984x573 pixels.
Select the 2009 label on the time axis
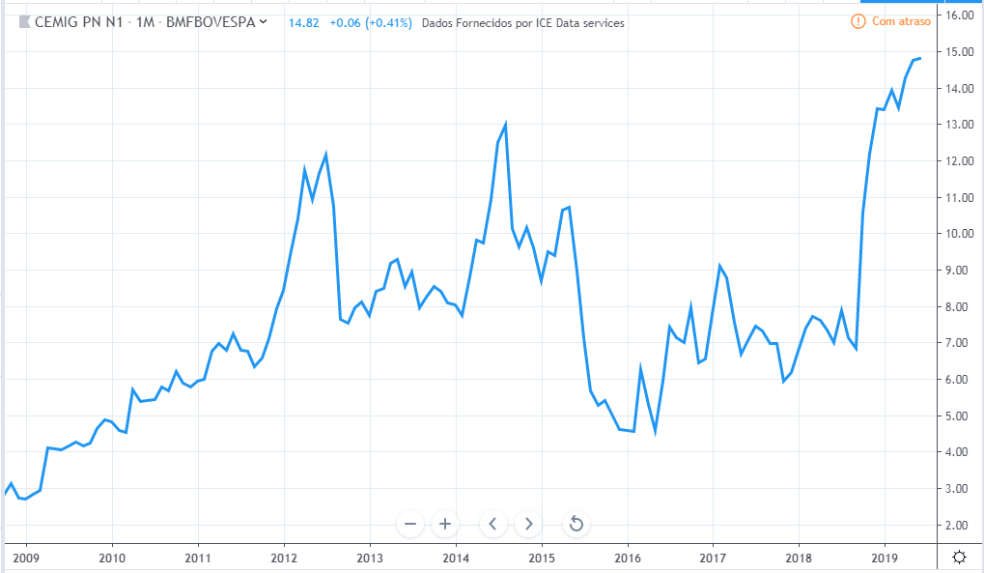[25, 558]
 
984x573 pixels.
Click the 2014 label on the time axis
[456, 558]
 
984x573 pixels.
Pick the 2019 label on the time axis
[886, 558]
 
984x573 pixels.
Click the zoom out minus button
[410, 524]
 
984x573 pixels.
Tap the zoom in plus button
[445, 524]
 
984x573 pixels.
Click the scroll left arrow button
[492, 524]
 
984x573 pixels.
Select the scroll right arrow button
[527, 524]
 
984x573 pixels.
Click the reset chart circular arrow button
[576, 524]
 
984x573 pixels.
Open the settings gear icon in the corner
[959, 557]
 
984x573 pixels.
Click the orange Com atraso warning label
[891, 21]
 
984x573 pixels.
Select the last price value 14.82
[304, 22]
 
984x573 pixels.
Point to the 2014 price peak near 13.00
[505, 124]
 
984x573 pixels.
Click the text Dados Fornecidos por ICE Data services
[522, 22]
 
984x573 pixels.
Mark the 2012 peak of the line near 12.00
[325, 155]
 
